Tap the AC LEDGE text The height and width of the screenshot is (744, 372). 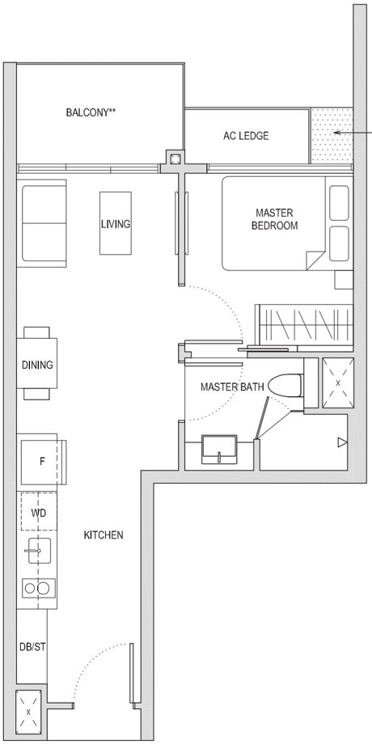tap(246, 136)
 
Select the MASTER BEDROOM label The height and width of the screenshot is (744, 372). tap(273, 219)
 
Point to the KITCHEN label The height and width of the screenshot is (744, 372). tap(103, 535)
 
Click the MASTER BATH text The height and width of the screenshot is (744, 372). tap(232, 387)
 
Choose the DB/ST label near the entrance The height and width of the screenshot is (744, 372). tap(30, 646)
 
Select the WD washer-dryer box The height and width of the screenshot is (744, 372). tap(38, 513)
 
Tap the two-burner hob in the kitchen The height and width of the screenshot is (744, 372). tap(37, 588)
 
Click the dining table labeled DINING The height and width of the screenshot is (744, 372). tap(37, 364)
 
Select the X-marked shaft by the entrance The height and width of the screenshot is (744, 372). tap(30, 712)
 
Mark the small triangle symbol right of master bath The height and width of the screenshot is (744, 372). tap(342, 442)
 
